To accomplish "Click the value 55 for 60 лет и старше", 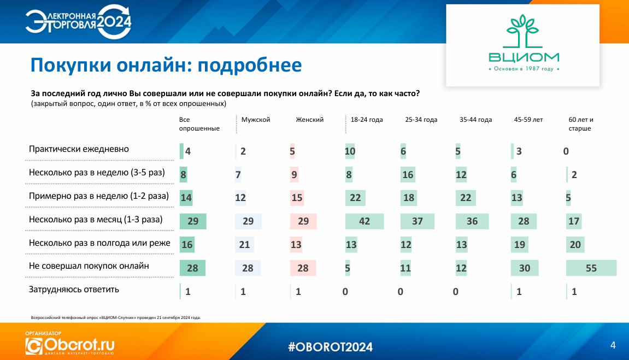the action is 591,268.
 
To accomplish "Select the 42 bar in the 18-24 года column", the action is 365,221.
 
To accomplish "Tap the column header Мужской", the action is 256,120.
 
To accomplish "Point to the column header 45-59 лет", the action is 528,120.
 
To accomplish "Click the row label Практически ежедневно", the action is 79,149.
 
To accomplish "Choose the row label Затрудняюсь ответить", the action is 74,290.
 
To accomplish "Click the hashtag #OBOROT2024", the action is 330,347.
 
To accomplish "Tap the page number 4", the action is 613,345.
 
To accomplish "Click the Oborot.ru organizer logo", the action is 70,344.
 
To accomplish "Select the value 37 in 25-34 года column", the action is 417,221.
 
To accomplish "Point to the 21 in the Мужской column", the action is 244,245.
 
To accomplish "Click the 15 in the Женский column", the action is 297,198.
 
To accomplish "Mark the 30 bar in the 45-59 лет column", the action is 524,268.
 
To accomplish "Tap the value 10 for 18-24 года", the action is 350,151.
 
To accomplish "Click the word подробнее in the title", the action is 250,65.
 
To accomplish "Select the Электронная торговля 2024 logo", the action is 79,22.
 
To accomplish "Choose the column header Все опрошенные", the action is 199,124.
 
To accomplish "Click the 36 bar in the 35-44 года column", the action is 472,221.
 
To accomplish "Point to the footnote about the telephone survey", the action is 115,317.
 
